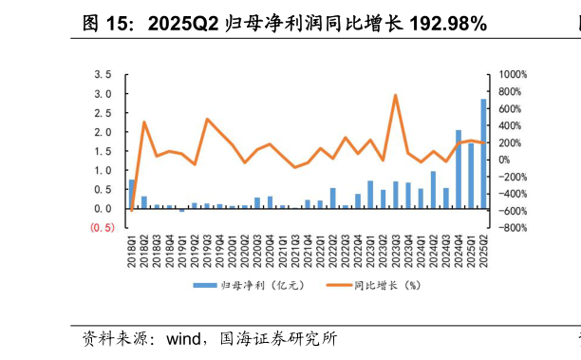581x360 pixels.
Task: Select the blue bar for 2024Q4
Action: coord(458,170)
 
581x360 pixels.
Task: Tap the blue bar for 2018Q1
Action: coord(132,194)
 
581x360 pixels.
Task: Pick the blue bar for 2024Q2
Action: coord(433,190)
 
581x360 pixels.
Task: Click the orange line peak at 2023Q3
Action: coord(395,95)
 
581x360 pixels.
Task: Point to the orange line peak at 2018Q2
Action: coord(144,122)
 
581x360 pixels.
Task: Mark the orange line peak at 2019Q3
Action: coord(207,120)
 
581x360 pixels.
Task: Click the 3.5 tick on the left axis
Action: coord(103,75)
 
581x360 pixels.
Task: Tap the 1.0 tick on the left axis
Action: coord(103,171)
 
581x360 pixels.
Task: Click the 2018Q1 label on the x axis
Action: coord(132,251)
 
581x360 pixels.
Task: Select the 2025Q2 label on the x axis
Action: coord(483,251)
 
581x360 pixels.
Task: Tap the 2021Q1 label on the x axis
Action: coord(283,251)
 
